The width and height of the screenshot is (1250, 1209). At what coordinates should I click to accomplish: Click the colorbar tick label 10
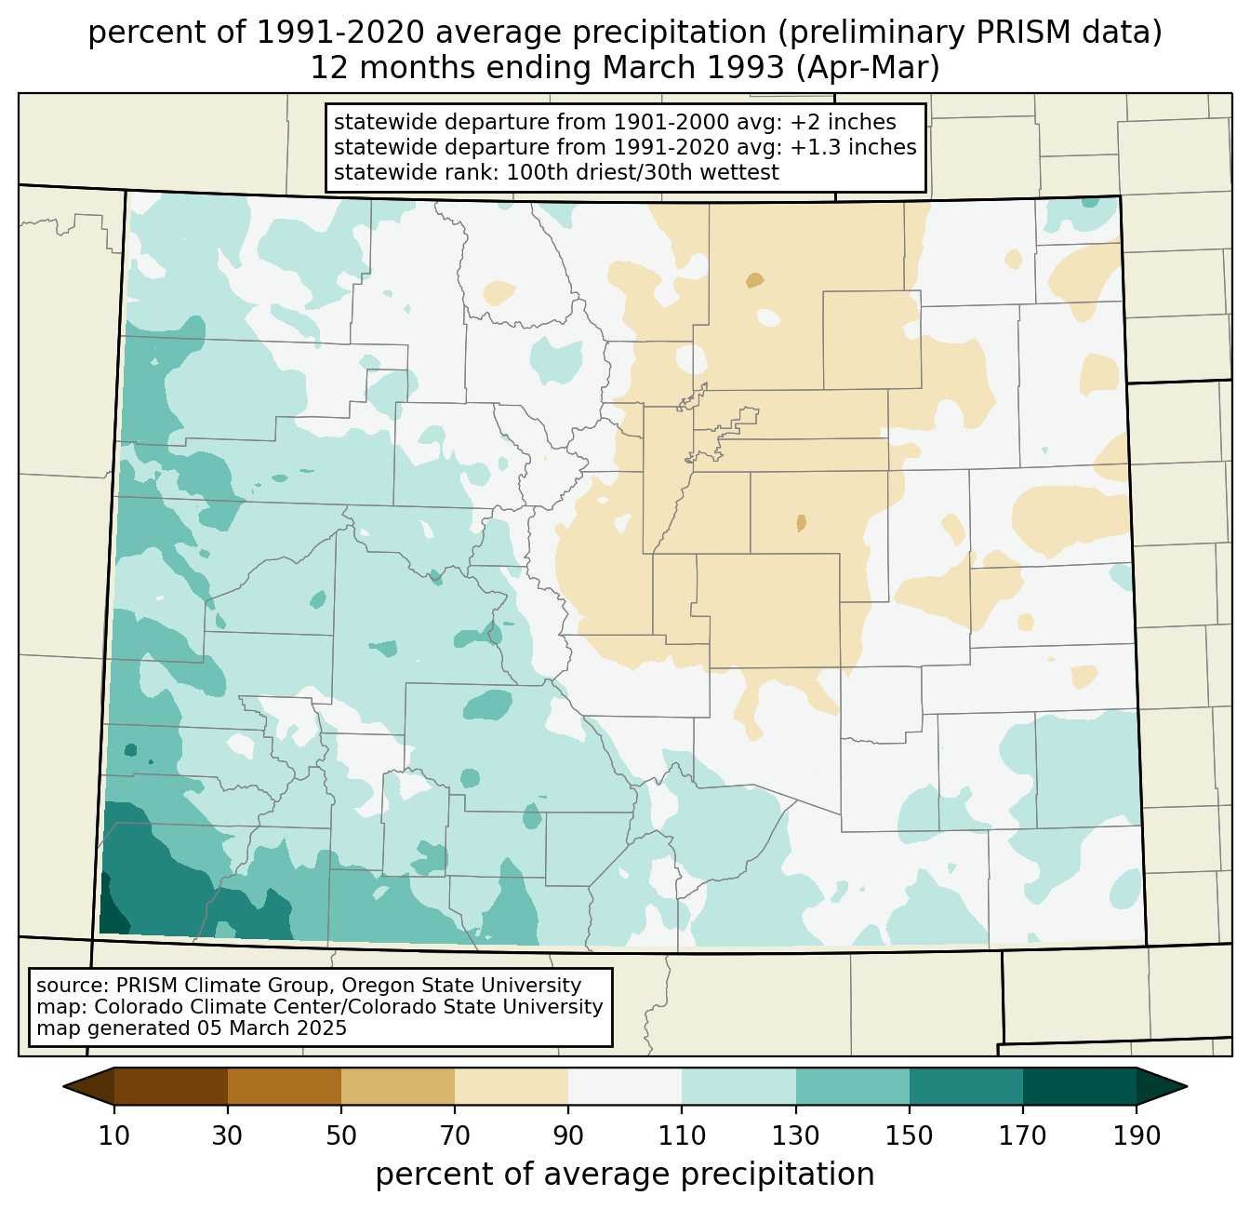click(x=113, y=1135)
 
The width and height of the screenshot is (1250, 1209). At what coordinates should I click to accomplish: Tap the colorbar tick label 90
click(x=568, y=1135)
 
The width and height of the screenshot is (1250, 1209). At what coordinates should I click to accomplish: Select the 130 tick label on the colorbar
click(x=795, y=1135)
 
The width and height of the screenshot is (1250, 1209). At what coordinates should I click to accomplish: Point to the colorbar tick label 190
click(x=1137, y=1135)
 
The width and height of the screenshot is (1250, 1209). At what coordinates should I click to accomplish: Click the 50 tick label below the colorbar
click(x=341, y=1135)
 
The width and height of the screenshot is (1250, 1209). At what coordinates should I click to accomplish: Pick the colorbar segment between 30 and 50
click(x=284, y=1086)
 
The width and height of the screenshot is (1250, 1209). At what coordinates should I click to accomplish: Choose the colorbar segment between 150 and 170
click(x=965, y=1086)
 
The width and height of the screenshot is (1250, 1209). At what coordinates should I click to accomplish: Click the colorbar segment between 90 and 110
click(x=625, y=1086)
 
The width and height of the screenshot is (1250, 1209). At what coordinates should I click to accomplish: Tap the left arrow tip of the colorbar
click(x=63, y=1086)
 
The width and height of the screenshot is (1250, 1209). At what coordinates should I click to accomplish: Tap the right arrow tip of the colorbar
click(x=1187, y=1086)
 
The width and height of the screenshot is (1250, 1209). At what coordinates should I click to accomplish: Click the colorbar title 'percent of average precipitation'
click(x=624, y=1175)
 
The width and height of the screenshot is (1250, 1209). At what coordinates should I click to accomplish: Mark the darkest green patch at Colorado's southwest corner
click(x=113, y=913)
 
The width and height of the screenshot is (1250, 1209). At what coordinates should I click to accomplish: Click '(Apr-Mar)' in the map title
click(x=868, y=68)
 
